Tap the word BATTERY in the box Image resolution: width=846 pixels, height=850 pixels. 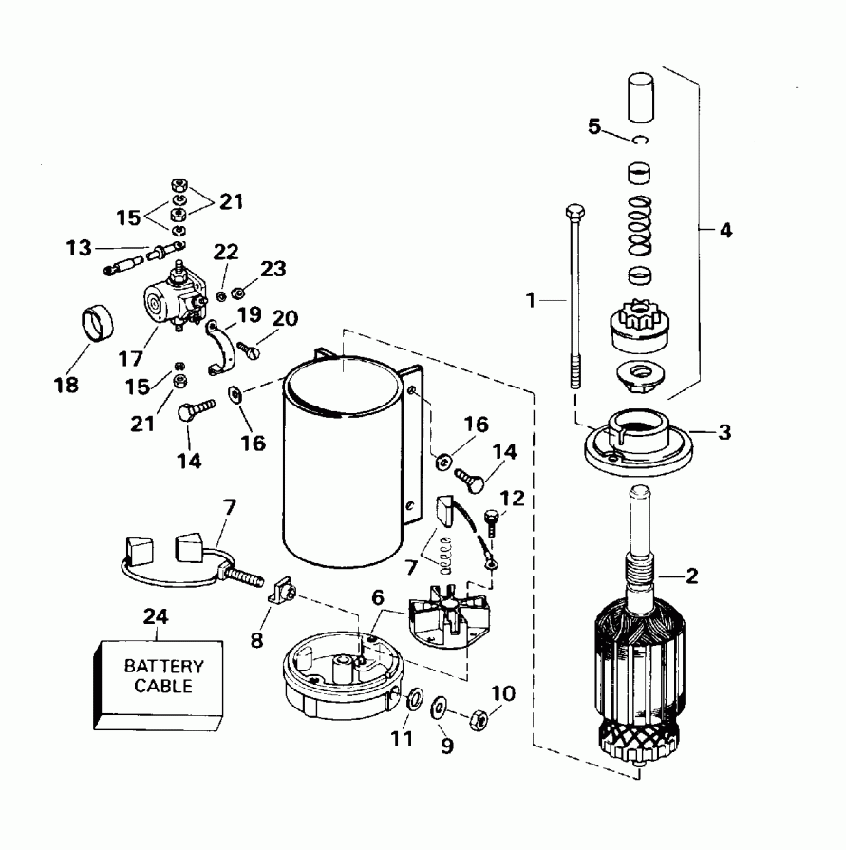coord(163,668)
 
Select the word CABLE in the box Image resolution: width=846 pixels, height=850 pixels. coord(163,686)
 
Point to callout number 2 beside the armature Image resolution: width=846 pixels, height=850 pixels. coord(691,575)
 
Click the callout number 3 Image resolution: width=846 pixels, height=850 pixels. coord(724,432)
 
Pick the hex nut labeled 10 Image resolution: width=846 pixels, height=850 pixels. coord(479,719)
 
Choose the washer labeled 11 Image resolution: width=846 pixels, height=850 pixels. coord(415,701)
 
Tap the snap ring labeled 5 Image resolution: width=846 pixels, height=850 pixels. coord(642,141)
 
